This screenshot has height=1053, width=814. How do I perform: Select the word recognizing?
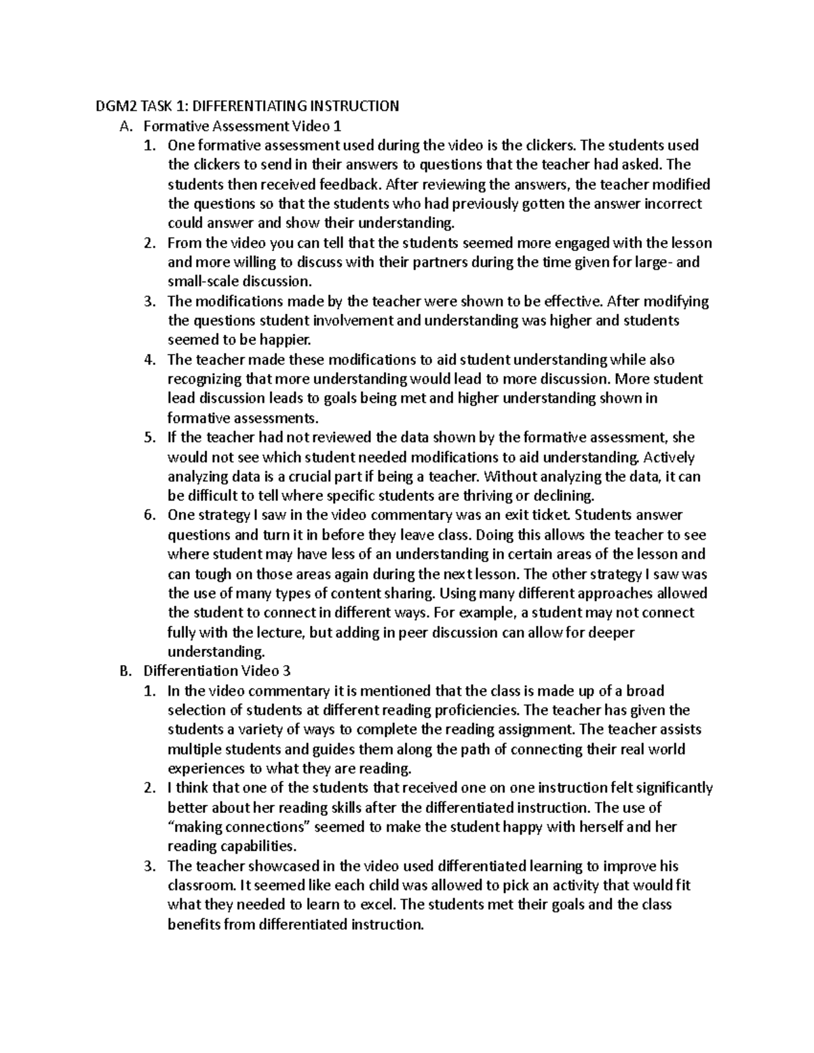tap(204, 379)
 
